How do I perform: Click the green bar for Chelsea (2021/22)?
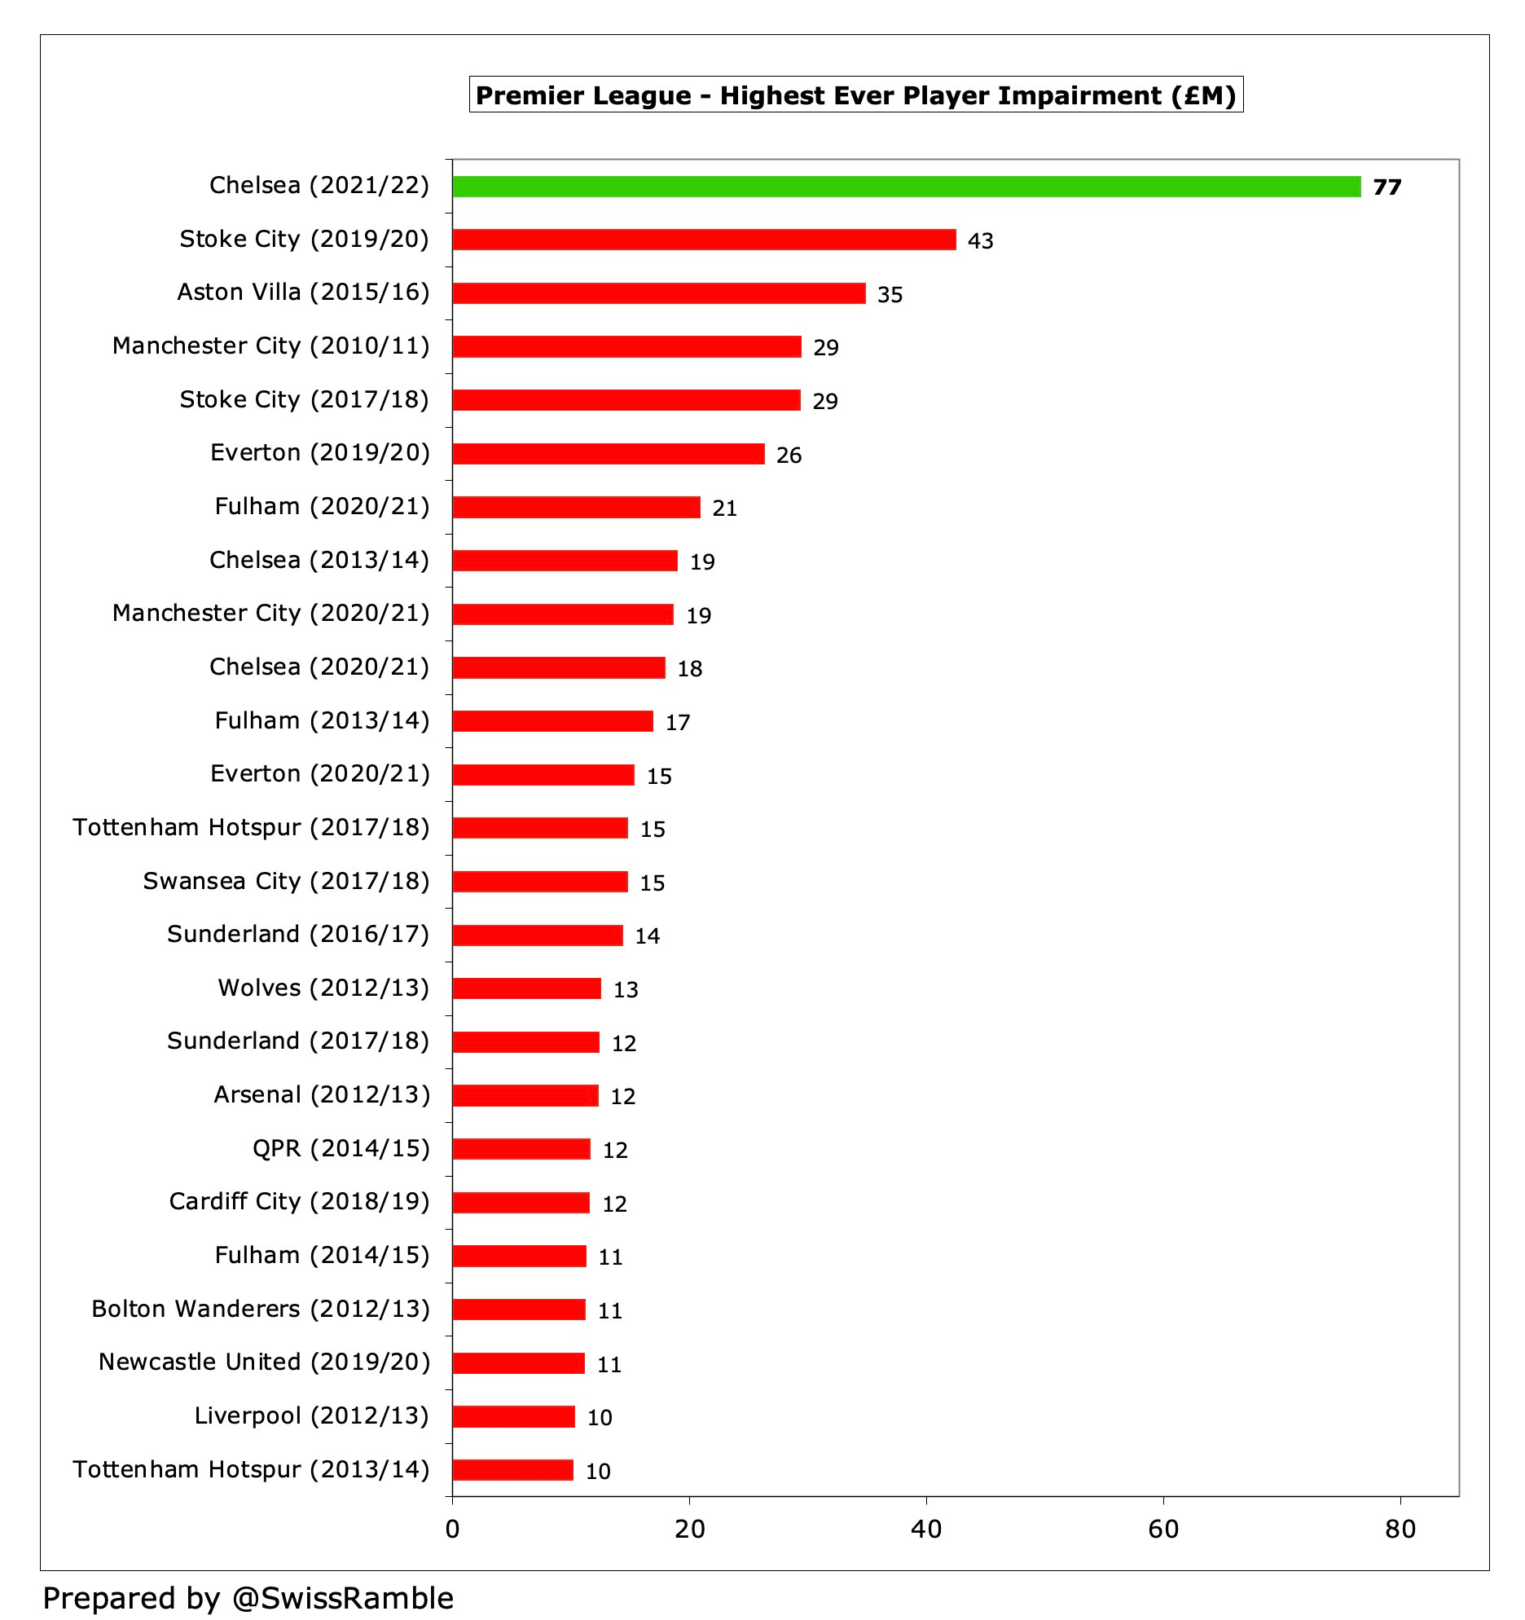906,187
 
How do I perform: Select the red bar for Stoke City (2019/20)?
704,240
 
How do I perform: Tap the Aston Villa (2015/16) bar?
658,293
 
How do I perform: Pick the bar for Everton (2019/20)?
608,454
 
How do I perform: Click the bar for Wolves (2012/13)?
526,988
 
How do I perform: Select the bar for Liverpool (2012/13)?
513,1417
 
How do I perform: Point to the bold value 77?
1387,187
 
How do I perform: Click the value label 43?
980,241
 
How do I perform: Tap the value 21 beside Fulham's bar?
724,508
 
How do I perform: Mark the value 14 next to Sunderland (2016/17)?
647,936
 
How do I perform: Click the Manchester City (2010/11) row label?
270,346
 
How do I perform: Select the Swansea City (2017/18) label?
286,882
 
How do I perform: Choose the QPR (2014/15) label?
341,1149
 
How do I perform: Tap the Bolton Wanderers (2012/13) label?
261,1310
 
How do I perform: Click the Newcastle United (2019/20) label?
264,1362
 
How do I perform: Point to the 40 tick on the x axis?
926,1530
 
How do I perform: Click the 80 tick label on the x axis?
1400,1530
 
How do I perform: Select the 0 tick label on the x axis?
452,1530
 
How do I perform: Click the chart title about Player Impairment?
855,95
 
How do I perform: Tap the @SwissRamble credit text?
248,1598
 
